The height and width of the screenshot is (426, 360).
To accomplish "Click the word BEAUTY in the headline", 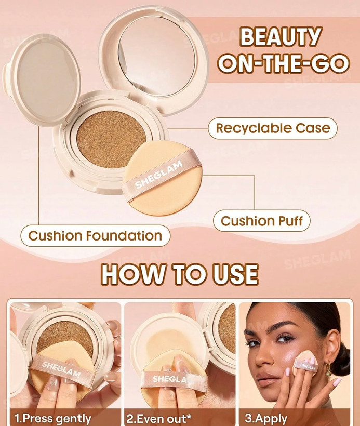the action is coord(281,37).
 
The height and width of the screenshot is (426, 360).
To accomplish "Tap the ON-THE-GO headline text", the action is coord(284,63).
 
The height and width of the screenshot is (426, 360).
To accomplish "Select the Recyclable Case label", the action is coord(273,128).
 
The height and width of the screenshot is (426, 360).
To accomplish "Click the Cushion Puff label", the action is coord(261,221).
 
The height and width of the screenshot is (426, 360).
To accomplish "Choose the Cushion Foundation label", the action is coord(96,236).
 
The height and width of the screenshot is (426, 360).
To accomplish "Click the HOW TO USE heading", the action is coord(180,274).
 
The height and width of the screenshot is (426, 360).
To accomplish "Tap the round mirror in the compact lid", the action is coord(157,56).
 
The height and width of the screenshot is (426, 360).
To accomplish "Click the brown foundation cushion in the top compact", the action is coord(111,139).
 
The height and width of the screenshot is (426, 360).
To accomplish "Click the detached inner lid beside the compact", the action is coord(42,80).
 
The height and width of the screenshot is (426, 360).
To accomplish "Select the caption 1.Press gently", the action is coord(53,418).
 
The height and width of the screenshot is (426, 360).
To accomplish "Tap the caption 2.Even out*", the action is coord(159,418).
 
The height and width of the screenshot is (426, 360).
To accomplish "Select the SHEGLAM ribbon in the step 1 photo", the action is coord(62,369).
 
